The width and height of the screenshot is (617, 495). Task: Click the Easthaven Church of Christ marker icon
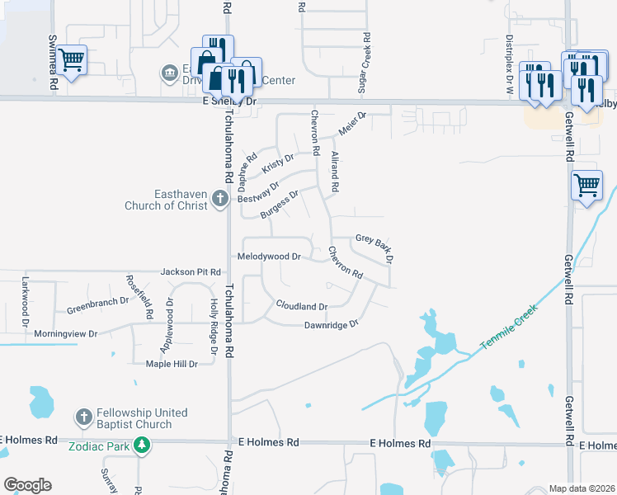coord(219,198)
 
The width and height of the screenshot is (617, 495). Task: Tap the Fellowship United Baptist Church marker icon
coord(83,418)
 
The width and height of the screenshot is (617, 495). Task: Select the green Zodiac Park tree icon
coord(143,445)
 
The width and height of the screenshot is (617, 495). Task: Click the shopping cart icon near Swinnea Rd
coord(72,59)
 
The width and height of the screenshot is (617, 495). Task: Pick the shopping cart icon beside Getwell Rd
coord(586,185)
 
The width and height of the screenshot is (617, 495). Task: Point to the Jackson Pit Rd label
coord(191,271)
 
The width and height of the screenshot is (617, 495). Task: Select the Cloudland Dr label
coord(302,306)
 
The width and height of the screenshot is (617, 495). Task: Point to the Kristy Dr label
coord(278,163)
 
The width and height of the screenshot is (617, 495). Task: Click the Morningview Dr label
coord(66,334)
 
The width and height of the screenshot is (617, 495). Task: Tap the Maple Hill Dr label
coord(172,363)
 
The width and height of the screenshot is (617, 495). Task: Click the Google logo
coord(27,485)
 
